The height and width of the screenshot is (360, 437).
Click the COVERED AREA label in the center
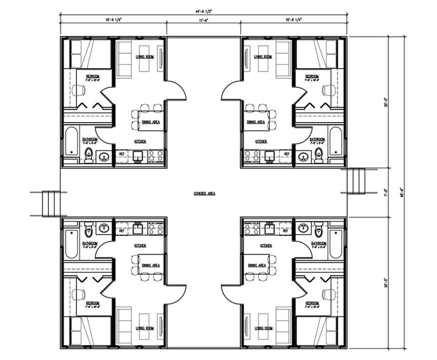204,194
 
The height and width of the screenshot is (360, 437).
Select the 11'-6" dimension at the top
204,20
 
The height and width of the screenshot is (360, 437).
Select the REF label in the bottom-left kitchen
122,230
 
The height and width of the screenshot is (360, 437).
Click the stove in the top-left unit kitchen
157,156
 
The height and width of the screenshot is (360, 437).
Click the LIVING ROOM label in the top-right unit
263,57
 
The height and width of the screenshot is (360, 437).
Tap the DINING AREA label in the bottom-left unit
151,265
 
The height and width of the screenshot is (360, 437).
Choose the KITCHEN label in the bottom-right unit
266,246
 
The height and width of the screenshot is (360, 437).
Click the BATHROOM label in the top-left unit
90,139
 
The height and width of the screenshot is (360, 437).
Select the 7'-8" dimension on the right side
386,193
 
